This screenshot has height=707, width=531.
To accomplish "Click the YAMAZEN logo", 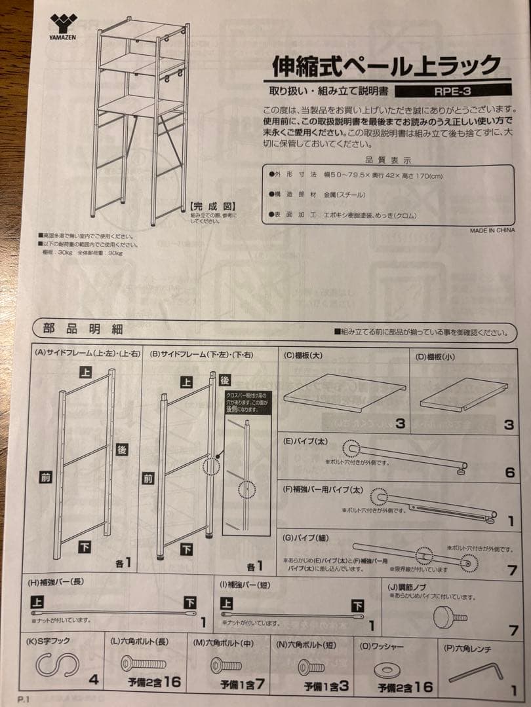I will [63, 27].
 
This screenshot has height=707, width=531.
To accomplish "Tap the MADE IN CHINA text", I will [492, 230].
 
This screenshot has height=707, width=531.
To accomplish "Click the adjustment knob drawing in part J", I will [450, 616].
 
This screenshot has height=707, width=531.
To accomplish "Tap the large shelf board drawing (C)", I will [344, 392].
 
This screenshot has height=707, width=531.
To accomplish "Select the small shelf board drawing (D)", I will [463, 394].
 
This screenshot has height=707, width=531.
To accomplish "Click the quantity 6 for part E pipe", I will [509, 472].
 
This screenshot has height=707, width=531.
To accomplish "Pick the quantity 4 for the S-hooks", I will [94, 680].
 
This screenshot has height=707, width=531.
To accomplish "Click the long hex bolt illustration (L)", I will [143, 664].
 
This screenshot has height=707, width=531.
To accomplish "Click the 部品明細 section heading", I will [83, 329].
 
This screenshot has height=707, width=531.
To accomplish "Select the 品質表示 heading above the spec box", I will [388, 160].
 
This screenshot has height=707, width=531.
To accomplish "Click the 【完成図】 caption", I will [206, 205].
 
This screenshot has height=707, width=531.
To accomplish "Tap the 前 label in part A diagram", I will [45, 478].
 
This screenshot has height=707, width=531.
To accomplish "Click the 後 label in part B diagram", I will [224, 380].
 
